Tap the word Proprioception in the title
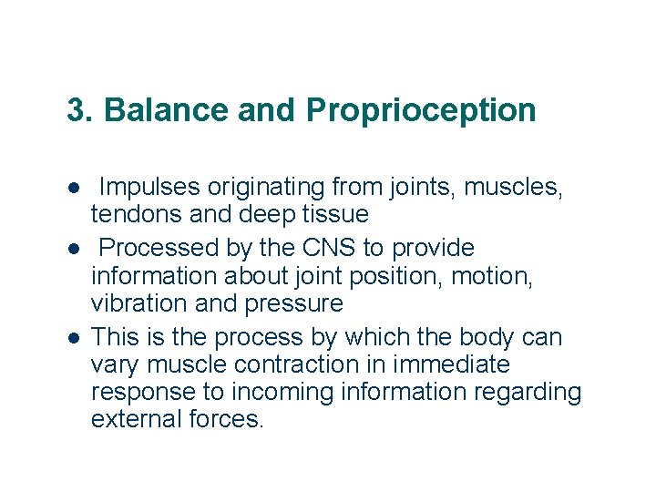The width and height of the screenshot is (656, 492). [x=421, y=110]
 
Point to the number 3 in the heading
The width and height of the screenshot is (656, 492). [x=76, y=110]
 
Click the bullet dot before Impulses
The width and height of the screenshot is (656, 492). [x=73, y=189]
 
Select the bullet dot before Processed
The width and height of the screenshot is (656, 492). [x=73, y=249]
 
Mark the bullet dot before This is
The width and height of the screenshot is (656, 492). [x=73, y=338]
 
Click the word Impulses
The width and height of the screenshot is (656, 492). [x=149, y=188]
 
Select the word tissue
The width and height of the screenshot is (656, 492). [x=336, y=215]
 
